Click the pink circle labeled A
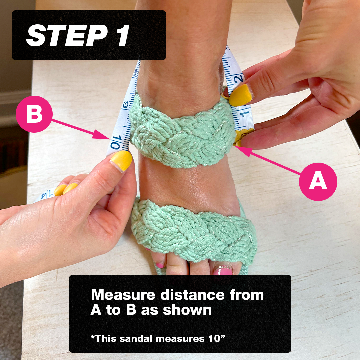318,182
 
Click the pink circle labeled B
34,114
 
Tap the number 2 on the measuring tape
238,78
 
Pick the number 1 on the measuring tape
246,114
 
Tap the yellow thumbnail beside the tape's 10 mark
121,161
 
